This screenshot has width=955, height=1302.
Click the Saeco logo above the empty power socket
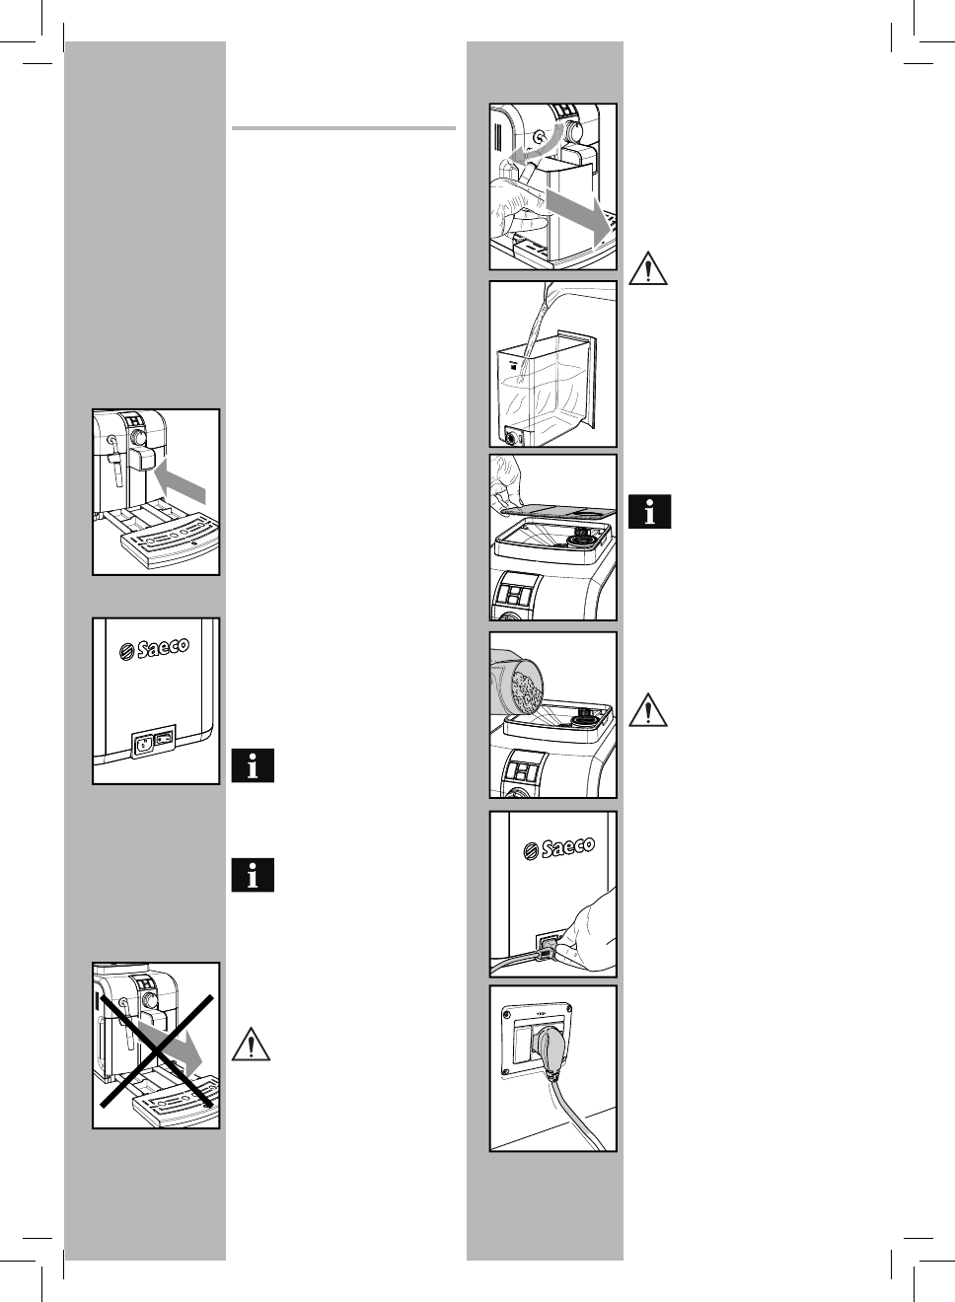pyautogui.click(x=154, y=652)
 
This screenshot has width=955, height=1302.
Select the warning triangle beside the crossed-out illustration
pyautogui.click(x=252, y=1044)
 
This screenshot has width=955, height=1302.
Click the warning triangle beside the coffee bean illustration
pyautogui.click(x=648, y=710)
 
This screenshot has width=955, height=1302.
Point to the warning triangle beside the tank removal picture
pyautogui.click(x=648, y=268)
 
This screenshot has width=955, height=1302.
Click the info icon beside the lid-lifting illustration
pyautogui.click(x=649, y=512)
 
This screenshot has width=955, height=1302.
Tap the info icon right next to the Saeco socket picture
pyautogui.click(x=253, y=766)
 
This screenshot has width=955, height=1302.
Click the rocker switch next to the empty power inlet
pyautogui.click(x=164, y=736)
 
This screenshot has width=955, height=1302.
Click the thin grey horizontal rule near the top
pyautogui.click(x=343, y=128)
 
